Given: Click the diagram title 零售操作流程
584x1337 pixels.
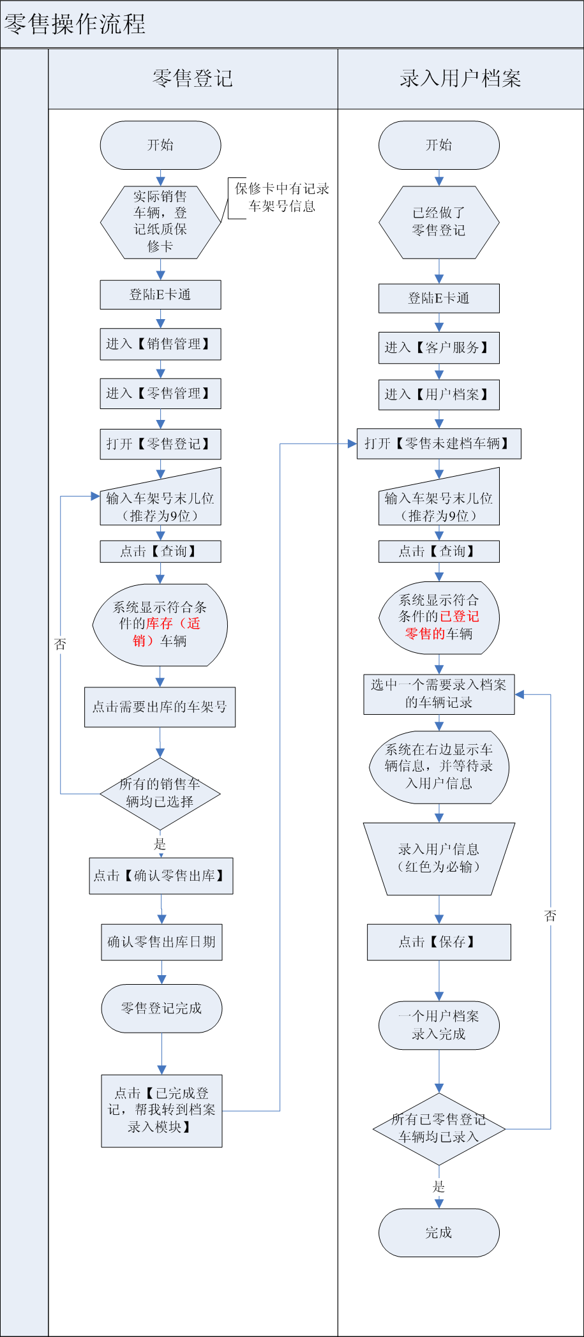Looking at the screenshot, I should pos(75,25).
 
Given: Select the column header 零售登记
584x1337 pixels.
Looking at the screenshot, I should pos(193,78).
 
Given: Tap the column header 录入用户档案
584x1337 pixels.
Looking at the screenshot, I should pos(460,78).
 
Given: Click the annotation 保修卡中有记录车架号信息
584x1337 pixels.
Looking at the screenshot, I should pos(281,197).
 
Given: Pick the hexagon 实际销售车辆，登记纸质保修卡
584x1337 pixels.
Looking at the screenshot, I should pos(160,221).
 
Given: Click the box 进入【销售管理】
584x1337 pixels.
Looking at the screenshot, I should pos(160,344).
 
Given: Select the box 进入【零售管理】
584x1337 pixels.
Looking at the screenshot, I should pos(160,393).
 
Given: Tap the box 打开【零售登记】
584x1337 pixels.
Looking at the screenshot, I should pos(160,444).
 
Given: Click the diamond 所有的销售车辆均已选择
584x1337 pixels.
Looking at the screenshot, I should pos(160,793).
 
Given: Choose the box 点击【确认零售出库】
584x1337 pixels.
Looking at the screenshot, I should pos(161,876).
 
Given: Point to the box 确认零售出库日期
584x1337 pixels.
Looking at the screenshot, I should pos(161,942).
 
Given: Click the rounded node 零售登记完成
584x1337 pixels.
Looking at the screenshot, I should pos(161,1008).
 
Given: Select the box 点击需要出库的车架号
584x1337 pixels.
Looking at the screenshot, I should pos(160,706).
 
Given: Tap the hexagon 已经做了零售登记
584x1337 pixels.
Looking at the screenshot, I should pos(438,221).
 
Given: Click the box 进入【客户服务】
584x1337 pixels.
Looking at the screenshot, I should pos(438,347).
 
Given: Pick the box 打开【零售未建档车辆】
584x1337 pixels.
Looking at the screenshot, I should pos(438,444).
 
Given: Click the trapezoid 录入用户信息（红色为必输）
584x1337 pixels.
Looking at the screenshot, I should pos(438,858).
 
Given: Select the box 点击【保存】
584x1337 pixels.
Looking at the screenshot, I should pos(438,942).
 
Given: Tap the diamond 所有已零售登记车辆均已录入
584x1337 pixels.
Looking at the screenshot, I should pos(438,1128).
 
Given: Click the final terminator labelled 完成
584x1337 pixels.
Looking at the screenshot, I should pos(438,1232).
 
